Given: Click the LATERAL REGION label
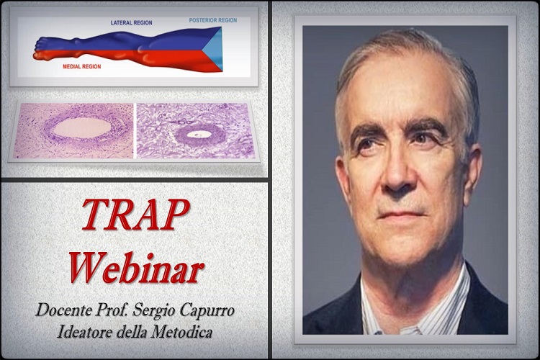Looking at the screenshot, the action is [131, 23].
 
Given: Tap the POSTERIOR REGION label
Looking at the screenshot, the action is [213, 20].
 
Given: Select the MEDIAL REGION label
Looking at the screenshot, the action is [82, 66].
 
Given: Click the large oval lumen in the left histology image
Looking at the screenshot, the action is [82, 128].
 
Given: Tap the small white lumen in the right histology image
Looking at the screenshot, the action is [196, 135].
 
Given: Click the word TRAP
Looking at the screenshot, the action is [135, 215].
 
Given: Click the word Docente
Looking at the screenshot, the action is [64, 310].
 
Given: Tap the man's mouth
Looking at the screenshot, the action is [401, 215].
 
